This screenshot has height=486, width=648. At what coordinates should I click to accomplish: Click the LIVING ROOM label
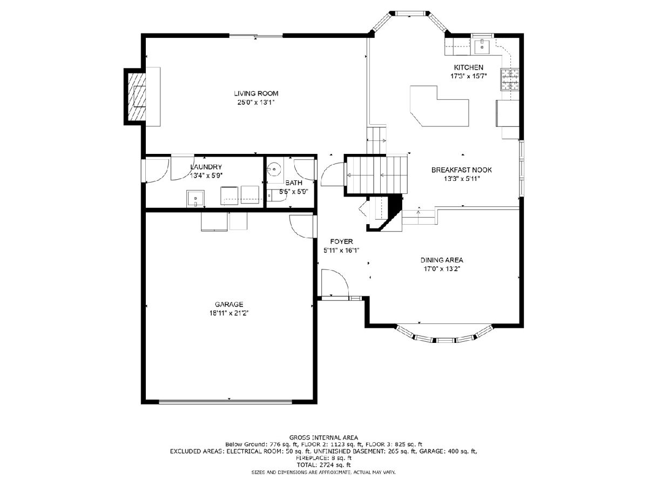pyautogui.click(x=256, y=93)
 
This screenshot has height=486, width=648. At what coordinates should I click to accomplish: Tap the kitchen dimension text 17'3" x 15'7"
pyautogui.click(x=468, y=76)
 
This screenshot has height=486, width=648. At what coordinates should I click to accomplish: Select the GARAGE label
pyautogui.click(x=229, y=304)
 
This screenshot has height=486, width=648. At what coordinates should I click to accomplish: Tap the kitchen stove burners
pyautogui.click(x=510, y=79)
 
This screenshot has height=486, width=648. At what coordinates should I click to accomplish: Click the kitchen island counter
pyautogui.click(x=439, y=106)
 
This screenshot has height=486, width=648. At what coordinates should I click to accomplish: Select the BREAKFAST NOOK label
pyautogui.click(x=461, y=170)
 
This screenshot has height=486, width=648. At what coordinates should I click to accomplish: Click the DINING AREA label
pyautogui.click(x=442, y=260)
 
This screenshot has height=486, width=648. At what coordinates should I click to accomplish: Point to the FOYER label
pyautogui.click(x=342, y=242)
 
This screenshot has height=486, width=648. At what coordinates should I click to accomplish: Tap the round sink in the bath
pyautogui.click(x=274, y=169)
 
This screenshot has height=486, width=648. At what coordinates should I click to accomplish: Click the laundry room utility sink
pyautogui.click(x=195, y=199)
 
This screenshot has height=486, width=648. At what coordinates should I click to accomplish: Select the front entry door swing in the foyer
pyautogui.click(x=335, y=282)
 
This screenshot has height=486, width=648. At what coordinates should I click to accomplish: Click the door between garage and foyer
pyautogui.click(x=301, y=226)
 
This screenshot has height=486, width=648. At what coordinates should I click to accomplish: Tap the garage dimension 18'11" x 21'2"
pyautogui.click(x=229, y=313)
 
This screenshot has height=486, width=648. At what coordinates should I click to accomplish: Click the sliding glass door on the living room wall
pyautogui.click(x=256, y=36)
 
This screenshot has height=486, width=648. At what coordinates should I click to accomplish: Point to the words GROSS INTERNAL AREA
pyautogui.click(x=323, y=437)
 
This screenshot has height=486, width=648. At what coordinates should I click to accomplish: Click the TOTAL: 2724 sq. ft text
pyautogui.click(x=323, y=465)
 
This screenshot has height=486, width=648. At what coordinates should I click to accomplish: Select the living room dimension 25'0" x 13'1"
pyautogui.click(x=256, y=103)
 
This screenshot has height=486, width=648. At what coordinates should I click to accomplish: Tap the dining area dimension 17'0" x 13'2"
pyautogui.click(x=442, y=269)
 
